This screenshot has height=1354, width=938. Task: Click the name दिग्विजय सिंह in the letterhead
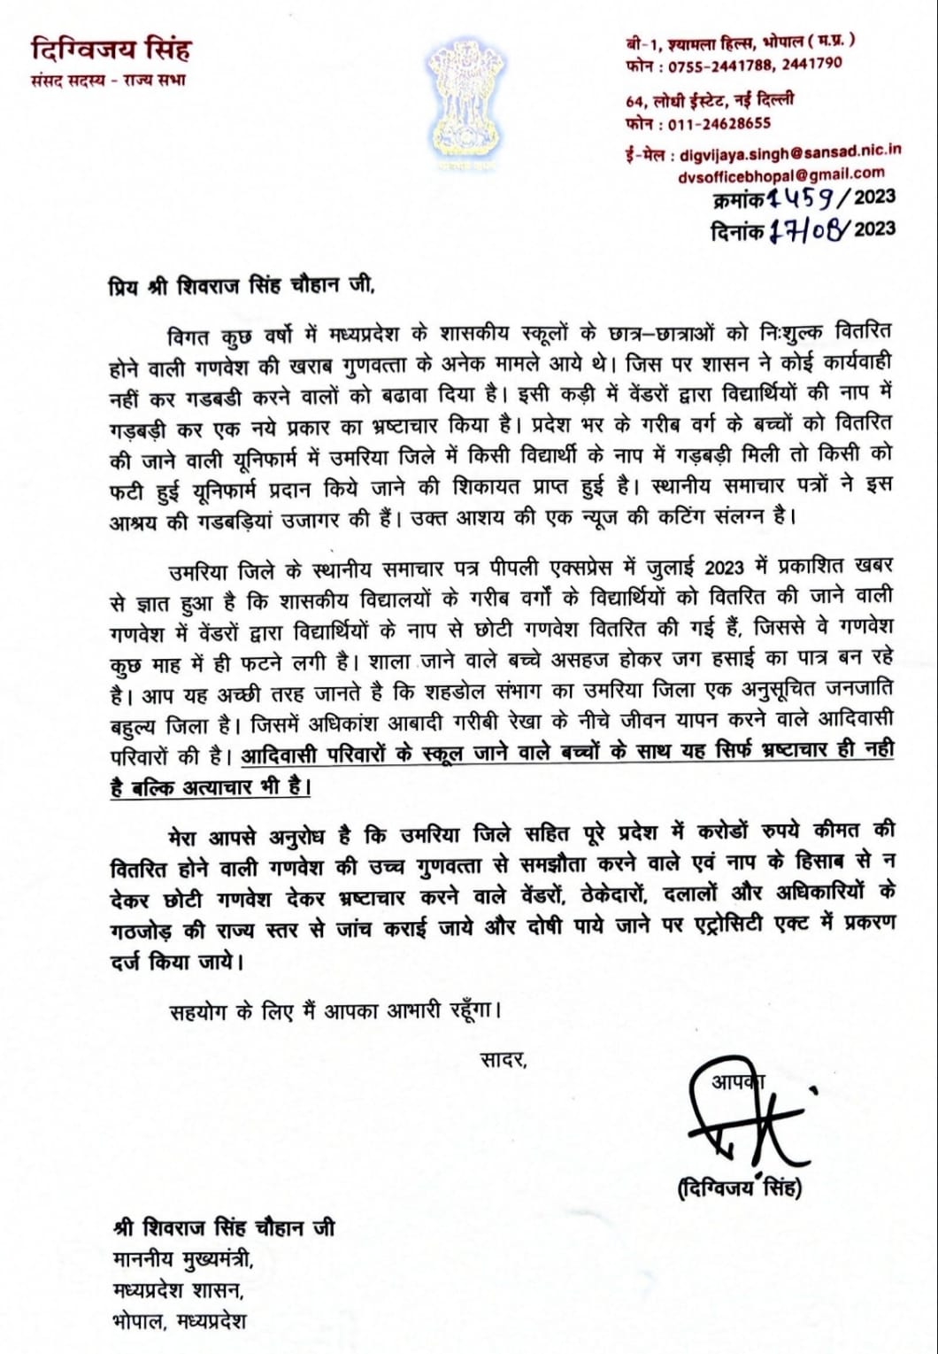coord(110,48)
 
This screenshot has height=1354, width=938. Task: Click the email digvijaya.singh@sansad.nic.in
coord(790,151)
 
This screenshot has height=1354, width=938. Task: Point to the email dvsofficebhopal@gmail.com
coord(780,175)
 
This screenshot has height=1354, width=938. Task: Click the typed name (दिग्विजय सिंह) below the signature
coord(738,1189)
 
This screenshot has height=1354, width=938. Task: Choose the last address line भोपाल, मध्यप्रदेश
coord(180,1321)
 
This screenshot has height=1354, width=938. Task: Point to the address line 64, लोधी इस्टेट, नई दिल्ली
coord(709,100)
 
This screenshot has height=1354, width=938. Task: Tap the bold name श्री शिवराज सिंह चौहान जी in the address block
coord(224,1228)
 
